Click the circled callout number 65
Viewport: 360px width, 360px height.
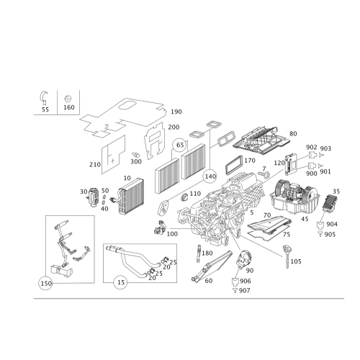click(180, 145)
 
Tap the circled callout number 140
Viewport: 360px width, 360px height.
click(210, 176)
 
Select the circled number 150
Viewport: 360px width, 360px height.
click(45, 283)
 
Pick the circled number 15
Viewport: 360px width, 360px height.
click(121, 282)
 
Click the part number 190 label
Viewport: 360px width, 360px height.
click(176, 112)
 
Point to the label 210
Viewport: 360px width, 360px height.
click(95, 165)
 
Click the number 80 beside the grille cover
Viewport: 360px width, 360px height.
click(293, 134)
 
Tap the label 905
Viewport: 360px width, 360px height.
click(330, 235)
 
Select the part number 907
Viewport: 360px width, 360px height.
click(245, 291)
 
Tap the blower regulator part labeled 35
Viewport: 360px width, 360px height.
click(330, 204)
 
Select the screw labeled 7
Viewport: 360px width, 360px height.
click(264, 174)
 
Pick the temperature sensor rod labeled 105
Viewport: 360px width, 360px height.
click(287, 256)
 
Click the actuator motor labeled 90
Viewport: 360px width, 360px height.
click(244, 258)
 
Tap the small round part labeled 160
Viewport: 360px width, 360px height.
click(68, 99)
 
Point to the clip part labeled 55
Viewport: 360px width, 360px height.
click(44, 97)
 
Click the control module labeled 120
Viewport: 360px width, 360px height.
click(291, 164)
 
